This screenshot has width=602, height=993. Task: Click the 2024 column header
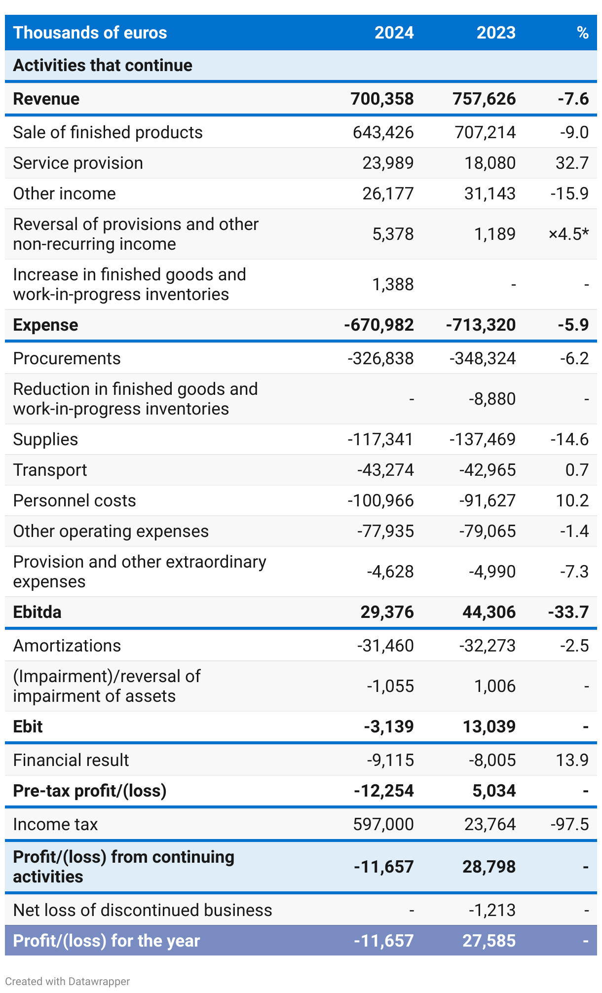[394, 33]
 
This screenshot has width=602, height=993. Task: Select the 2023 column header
[495, 33]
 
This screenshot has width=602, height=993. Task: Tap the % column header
[582, 33]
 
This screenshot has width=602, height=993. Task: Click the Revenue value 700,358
[382, 99]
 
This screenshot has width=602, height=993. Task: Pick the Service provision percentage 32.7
[572, 163]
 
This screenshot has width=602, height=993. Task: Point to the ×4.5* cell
[568, 234]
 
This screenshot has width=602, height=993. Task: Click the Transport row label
[50, 470]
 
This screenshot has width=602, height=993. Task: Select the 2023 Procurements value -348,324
[482, 358]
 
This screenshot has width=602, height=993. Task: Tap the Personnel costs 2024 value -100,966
[380, 500]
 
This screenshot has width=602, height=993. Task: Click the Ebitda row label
[38, 612]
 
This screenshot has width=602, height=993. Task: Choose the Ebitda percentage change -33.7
[568, 612]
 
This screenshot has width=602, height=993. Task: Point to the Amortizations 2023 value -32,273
[487, 646]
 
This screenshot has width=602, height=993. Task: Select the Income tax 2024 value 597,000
[383, 824]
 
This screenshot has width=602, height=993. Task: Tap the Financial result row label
[71, 760]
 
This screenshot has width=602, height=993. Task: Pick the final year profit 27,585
[489, 941]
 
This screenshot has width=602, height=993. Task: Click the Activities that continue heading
[103, 65]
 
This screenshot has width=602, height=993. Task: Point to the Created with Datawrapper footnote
[68, 981]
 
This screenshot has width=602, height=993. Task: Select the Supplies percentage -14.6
[569, 439]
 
